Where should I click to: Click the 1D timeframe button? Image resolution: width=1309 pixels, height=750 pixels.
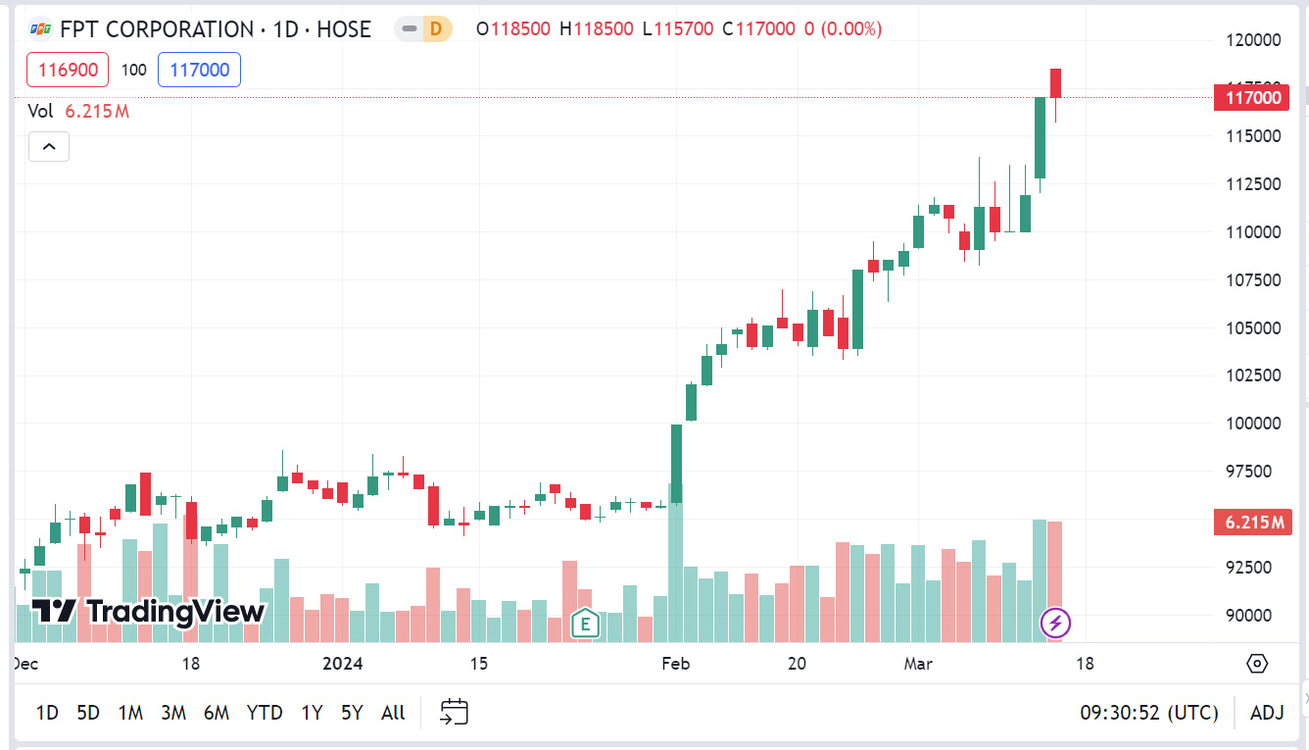(x=47, y=713)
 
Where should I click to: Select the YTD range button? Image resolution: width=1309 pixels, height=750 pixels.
(x=265, y=713)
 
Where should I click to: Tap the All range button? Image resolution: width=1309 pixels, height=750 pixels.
(x=393, y=713)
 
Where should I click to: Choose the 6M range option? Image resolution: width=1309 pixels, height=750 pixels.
(x=217, y=713)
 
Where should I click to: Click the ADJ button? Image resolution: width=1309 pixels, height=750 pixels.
(x=1267, y=713)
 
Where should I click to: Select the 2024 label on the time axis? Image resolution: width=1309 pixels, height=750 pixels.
(x=343, y=664)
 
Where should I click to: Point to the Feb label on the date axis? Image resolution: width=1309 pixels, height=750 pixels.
(x=676, y=664)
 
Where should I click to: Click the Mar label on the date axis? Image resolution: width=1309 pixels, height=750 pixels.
(x=918, y=664)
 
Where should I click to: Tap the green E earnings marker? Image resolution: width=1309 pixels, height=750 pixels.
(x=585, y=623)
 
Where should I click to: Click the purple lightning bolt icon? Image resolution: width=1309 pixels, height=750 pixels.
(x=1055, y=623)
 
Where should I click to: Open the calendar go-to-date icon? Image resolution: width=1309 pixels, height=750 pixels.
(x=455, y=713)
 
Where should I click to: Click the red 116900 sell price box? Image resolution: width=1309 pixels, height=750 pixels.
(x=68, y=70)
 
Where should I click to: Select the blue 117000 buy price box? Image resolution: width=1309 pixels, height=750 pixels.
(x=199, y=70)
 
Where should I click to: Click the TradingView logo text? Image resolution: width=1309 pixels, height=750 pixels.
(x=149, y=612)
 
